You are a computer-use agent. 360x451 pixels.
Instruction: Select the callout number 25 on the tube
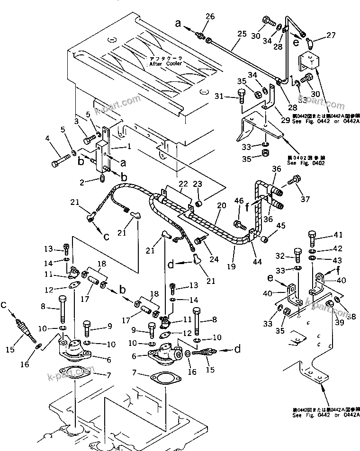pyautogui.click(x=242, y=34)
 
